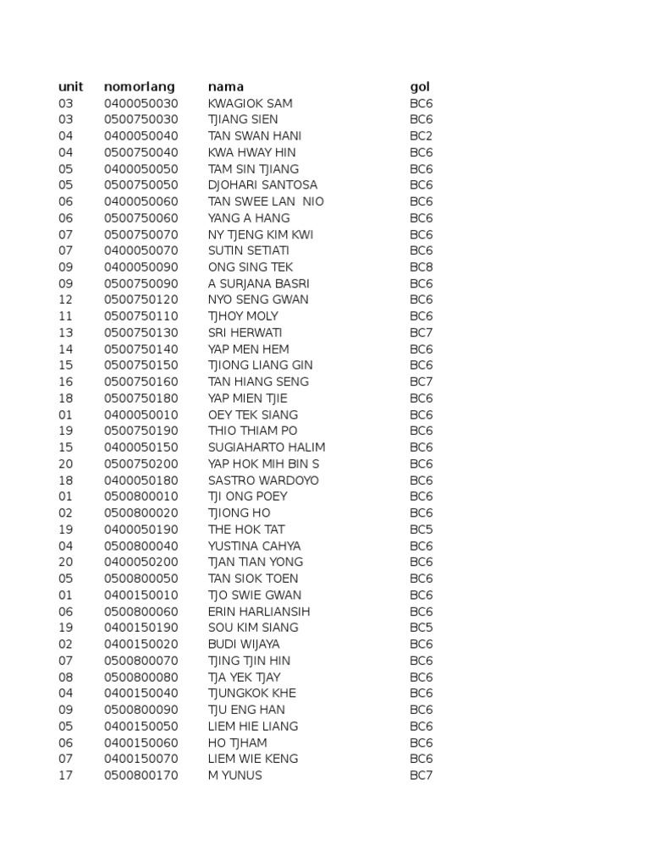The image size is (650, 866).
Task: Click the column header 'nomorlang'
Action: [140, 86]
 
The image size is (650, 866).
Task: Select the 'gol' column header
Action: [420, 87]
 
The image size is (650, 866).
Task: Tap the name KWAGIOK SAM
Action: [251, 103]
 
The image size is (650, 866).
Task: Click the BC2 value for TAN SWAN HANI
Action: [421, 136]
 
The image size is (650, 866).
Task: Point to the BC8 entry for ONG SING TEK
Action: [421, 267]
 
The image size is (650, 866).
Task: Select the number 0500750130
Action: [141, 332]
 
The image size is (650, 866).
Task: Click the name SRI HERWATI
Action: [245, 332]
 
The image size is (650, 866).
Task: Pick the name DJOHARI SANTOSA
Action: [263, 185]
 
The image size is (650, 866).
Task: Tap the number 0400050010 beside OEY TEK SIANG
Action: [141, 414]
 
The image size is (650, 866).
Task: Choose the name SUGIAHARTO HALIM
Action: [267, 447]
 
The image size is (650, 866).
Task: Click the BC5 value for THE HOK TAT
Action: [421, 529]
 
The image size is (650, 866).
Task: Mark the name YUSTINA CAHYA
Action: [255, 545]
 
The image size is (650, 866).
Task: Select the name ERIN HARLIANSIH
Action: [259, 611]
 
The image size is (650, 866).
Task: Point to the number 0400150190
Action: [141, 628]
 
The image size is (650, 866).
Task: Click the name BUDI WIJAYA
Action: [244, 644]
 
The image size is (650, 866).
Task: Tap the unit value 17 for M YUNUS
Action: [65, 775]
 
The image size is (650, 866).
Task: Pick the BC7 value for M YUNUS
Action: [421, 775]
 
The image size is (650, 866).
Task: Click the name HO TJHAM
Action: [238, 743]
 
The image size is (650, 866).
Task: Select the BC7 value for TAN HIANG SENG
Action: [421, 381]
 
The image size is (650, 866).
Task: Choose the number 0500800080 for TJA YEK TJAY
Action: [141, 677]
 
